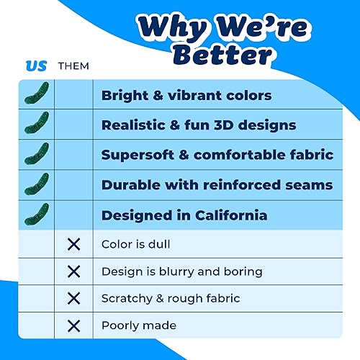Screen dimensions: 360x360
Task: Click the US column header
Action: [x=36, y=66]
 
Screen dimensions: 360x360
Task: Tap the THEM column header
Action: [x=73, y=66]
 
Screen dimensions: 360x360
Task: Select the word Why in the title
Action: [x=173, y=27]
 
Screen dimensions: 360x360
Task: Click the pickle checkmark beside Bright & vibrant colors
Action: [x=37, y=94]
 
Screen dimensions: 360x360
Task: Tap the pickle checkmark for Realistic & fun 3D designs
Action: [x=37, y=123]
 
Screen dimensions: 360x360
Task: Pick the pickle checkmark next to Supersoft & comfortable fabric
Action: [x=37, y=154]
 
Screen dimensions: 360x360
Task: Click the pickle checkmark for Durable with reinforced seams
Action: [x=37, y=184]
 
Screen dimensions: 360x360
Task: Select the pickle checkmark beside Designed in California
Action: [x=37, y=215]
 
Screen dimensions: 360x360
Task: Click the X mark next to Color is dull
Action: [x=74, y=244]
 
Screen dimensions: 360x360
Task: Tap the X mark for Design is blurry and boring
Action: [x=74, y=271]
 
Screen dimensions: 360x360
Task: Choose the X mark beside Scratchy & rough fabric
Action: [x=74, y=299]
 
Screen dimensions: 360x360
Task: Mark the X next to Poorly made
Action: [x=74, y=326]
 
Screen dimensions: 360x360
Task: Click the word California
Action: [x=231, y=215]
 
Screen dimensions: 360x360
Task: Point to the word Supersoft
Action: [x=138, y=156]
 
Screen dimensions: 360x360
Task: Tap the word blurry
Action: [x=176, y=272]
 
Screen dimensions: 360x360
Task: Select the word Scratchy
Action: [x=127, y=299]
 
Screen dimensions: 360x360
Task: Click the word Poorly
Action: [x=120, y=326]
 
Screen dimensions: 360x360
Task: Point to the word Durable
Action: [x=131, y=185]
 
